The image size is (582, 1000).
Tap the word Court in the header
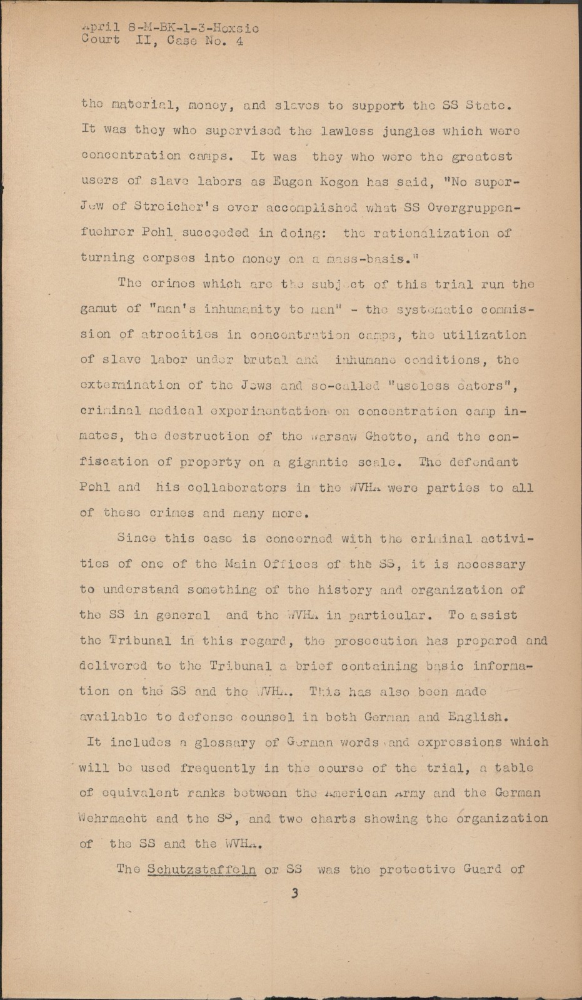click(x=101, y=41)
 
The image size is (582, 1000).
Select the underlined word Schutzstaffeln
click(x=202, y=869)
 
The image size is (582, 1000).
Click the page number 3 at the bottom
click(x=293, y=894)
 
